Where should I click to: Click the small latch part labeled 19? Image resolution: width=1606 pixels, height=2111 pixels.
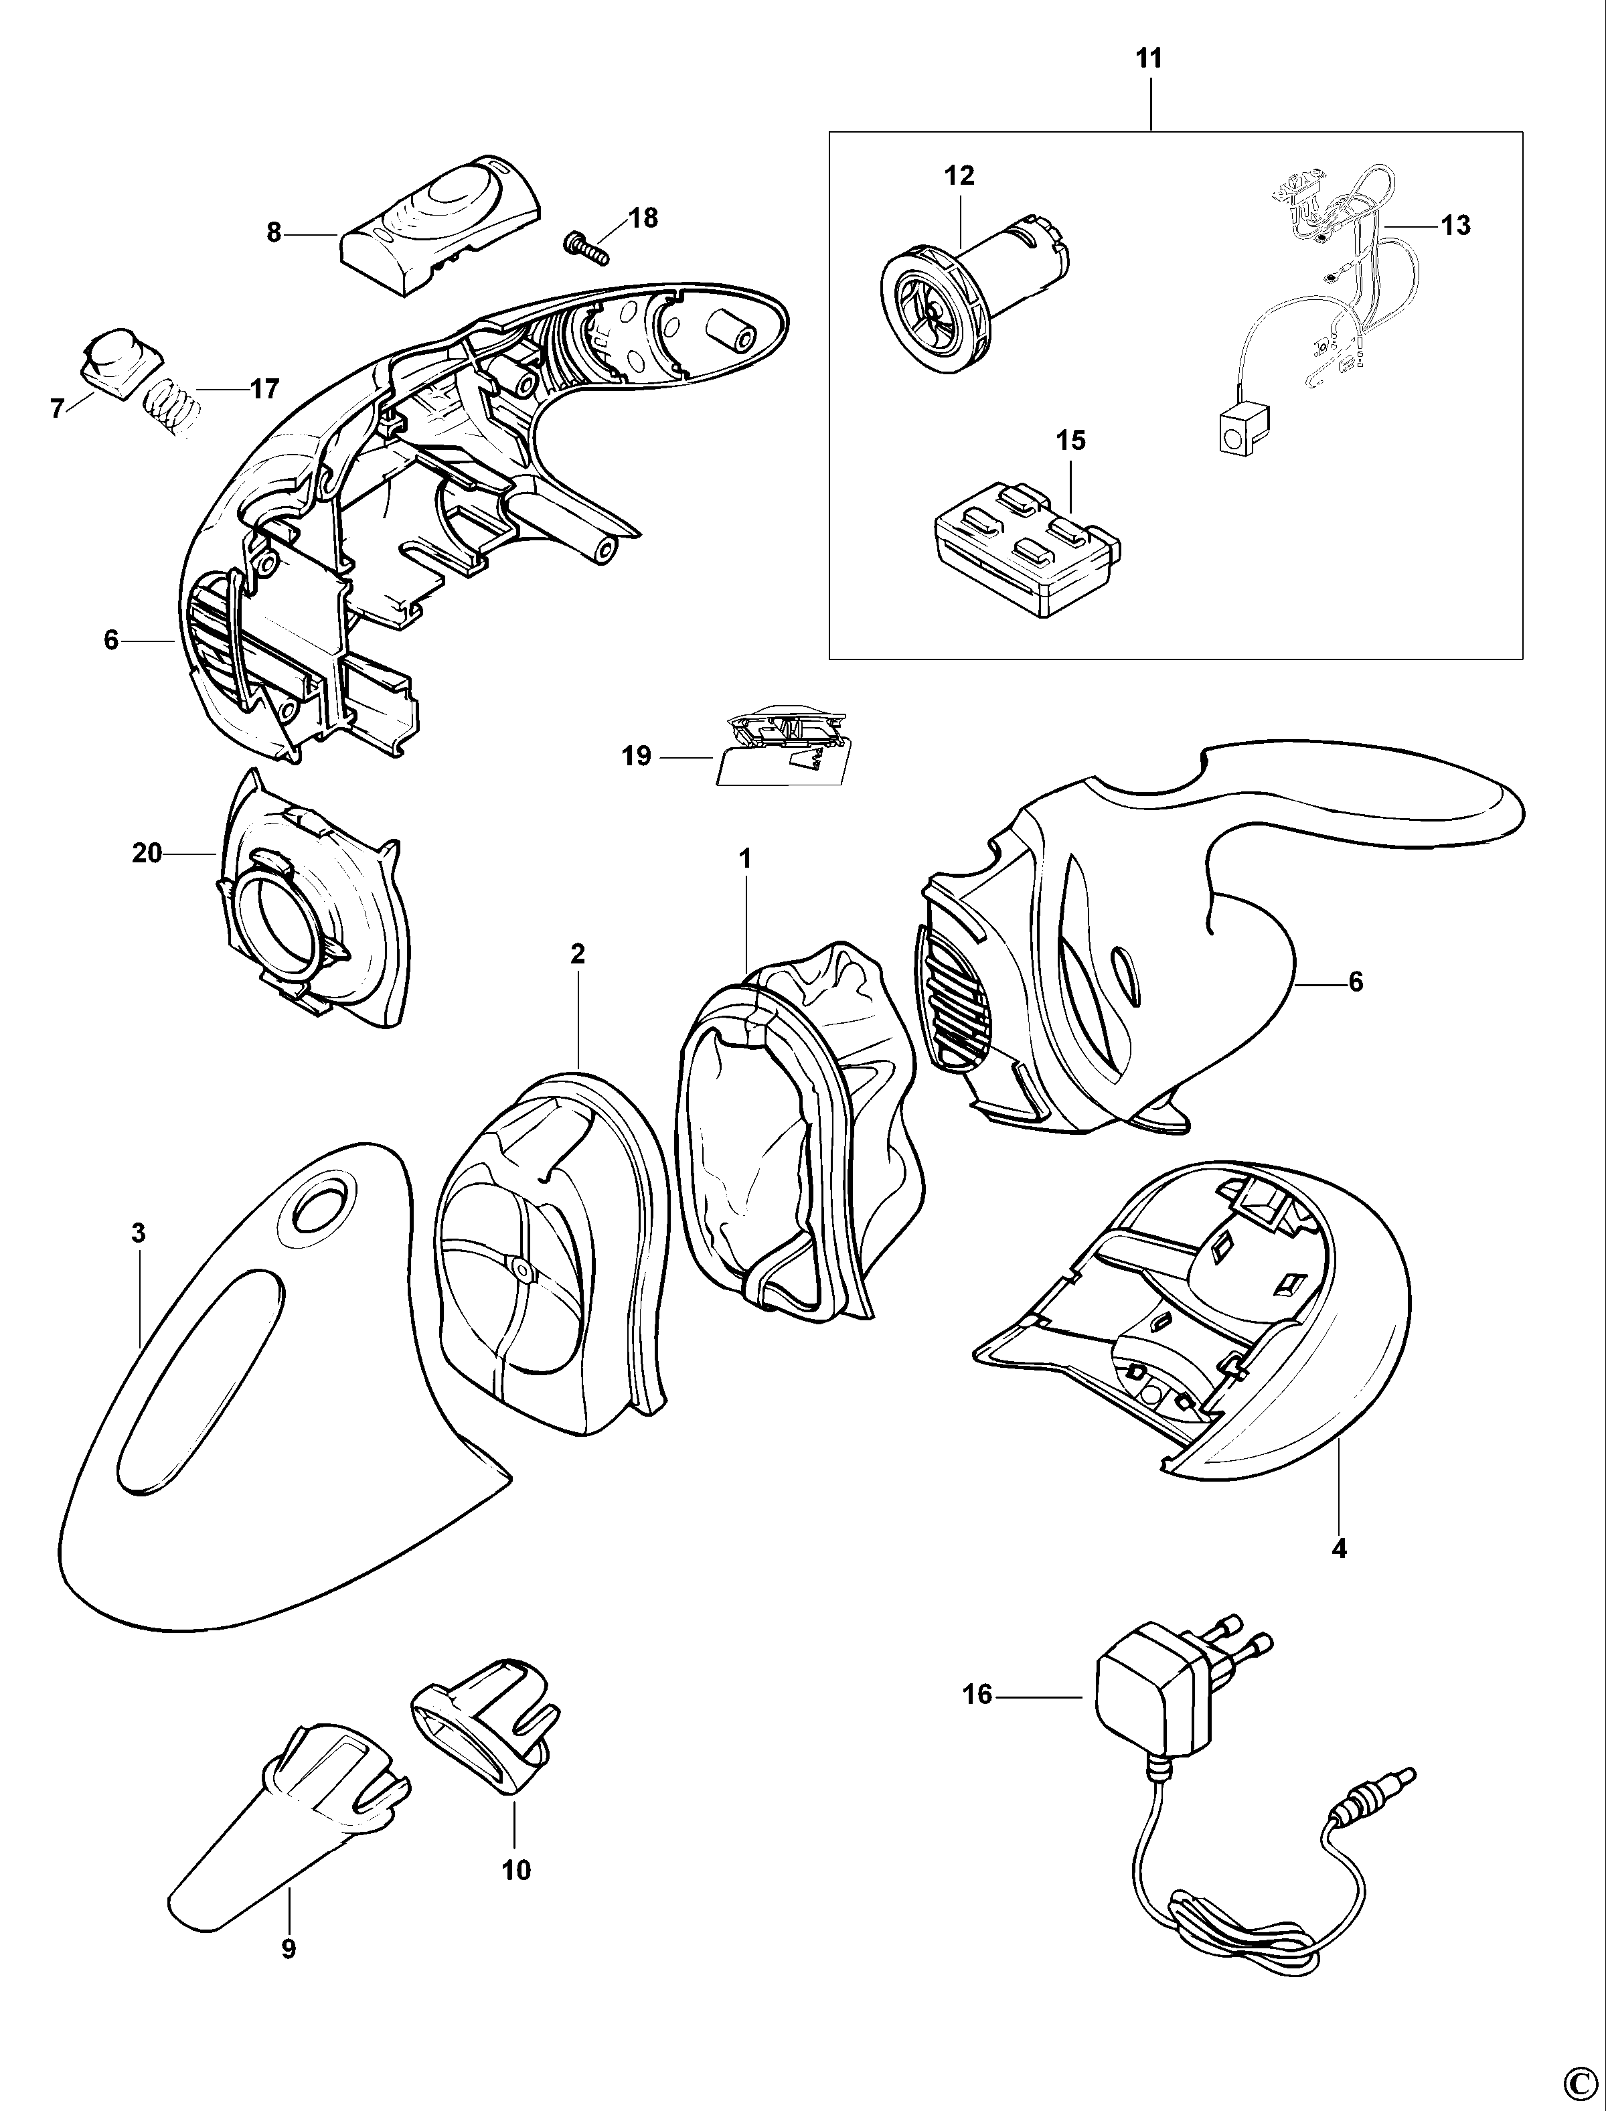point(779,751)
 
